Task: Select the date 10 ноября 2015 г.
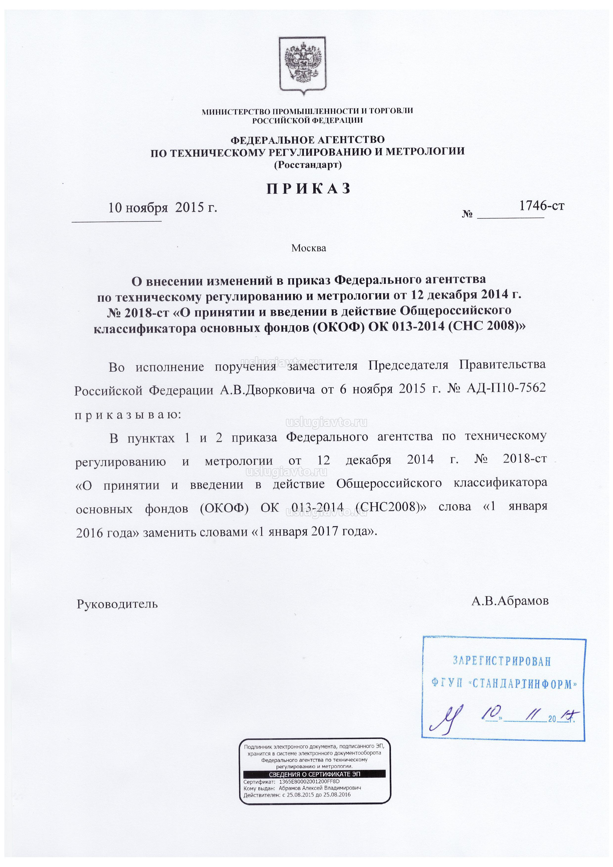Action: click(x=163, y=207)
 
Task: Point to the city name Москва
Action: click(x=309, y=248)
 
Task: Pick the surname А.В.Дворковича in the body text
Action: click(x=267, y=389)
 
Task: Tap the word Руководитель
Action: click(x=117, y=604)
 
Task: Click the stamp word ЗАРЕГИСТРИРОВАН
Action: click(x=502, y=661)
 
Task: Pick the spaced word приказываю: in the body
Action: click(x=128, y=415)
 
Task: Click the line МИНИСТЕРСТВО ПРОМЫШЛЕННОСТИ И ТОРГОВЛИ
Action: click(x=307, y=111)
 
